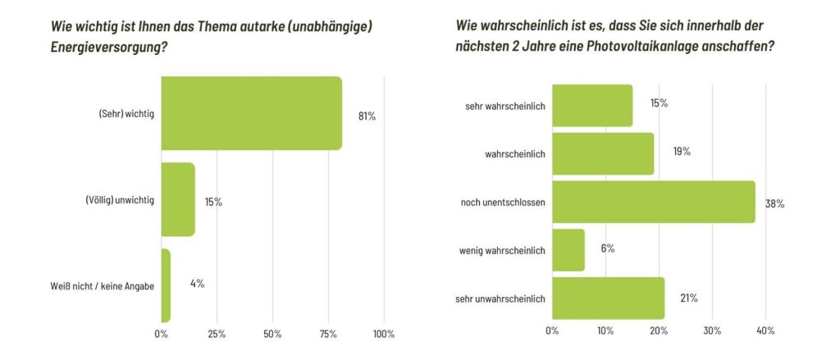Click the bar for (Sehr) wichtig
[251, 113]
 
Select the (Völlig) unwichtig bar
[178, 200]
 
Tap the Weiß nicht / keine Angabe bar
[166, 285]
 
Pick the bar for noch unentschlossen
[654, 202]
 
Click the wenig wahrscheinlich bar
[568, 250]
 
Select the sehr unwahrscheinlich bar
[608, 298]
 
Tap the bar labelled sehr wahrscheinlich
[592, 105]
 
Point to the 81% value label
[367, 116]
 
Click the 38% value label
[775, 203]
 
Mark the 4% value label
[197, 284]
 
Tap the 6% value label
[607, 248]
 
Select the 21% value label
[688, 298]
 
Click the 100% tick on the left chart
[383, 335]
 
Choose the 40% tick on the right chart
[765, 330]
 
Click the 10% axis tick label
[605, 330]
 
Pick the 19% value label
[681, 152]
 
